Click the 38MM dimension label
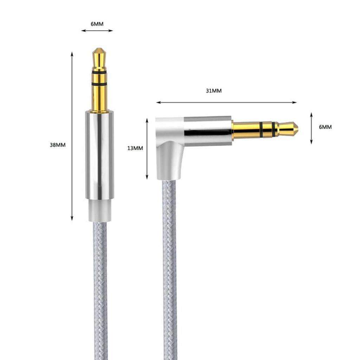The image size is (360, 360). [x=58, y=145]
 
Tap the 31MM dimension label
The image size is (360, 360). [x=214, y=91]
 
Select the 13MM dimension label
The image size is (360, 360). [x=135, y=148]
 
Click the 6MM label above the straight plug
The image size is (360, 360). [x=97, y=24]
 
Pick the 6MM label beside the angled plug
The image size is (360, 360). [x=325, y=127]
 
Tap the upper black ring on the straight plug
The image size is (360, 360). [x=99, y=72]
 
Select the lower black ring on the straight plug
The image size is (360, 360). [x=99, y=85]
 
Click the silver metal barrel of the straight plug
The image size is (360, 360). [x=99, y=155]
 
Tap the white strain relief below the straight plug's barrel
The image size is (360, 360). [x=99, y=211]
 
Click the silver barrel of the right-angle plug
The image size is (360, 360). [x=207, y=130]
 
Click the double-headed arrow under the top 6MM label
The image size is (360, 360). [x=97, y=31]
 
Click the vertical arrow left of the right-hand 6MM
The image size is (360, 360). [x=311, y=128]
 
